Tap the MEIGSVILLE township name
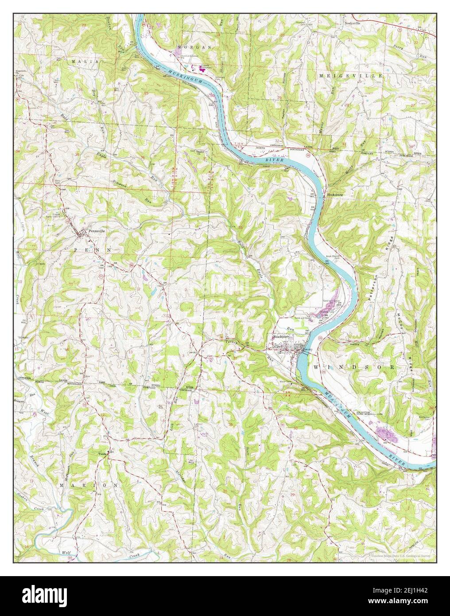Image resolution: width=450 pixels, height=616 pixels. click(350, 76)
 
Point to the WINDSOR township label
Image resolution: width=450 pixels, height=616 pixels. click(354, 367)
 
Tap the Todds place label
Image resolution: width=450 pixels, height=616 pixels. click(102, 454)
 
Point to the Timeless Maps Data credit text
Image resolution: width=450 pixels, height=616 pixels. click(401, 554)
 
